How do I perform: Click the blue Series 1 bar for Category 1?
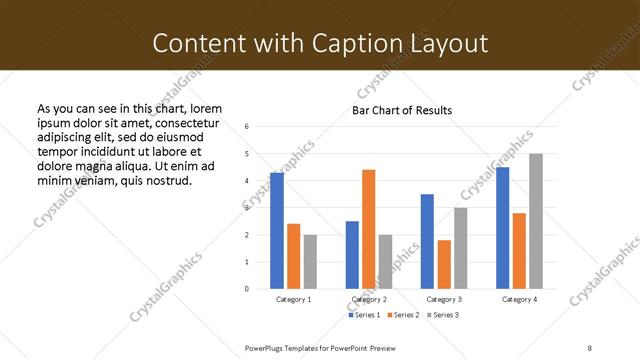277,231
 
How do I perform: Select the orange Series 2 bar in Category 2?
368,229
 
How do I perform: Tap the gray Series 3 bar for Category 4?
536,221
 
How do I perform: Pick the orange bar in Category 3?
444,264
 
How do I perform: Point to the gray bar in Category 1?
310,262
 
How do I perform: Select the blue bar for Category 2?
352,255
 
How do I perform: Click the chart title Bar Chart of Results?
402,110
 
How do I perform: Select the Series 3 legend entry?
442,315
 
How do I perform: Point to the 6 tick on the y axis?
247,126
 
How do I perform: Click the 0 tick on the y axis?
247,289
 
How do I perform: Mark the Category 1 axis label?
293,299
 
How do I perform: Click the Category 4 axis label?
519,299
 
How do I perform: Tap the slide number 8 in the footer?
589,347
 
